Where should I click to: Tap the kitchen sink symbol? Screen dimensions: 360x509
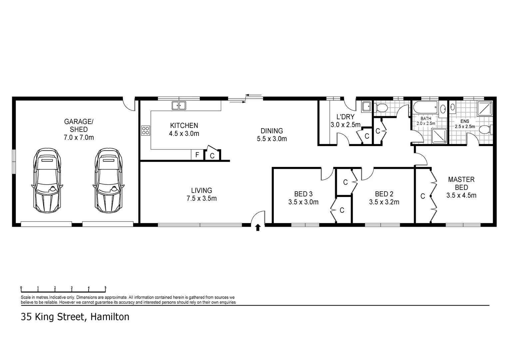[179, 106]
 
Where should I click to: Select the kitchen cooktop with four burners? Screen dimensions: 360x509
[146, 130]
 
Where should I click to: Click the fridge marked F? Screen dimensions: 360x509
[197, 155]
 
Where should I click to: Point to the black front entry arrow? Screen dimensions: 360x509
[257, 227]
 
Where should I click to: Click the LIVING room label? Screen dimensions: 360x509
[202, 190]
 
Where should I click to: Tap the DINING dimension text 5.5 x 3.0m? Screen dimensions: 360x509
[272, 139]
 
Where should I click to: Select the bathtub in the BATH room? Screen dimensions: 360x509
[425, 108]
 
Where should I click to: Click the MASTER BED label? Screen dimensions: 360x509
[461, 183]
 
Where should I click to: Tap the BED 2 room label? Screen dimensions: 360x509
[384, 194]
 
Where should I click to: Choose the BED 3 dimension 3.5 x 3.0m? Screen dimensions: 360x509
[303, 202]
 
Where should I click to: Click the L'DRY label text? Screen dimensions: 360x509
[345, 117]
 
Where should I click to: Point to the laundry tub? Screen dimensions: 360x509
[366, 106]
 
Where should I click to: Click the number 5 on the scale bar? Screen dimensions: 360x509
[105, 287]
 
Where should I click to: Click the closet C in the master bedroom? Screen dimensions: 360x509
[423, 196]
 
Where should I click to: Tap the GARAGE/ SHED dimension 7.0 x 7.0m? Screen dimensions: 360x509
[79, 137]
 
